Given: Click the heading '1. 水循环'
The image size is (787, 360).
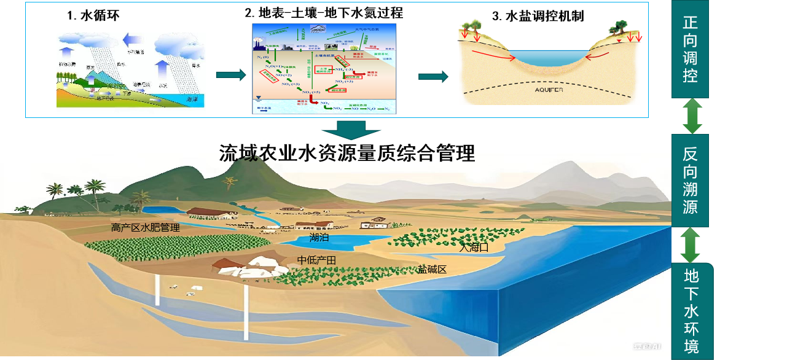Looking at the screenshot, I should [x=93, y=16].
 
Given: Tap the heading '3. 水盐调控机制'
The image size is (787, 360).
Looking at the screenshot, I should [x=538, y=16].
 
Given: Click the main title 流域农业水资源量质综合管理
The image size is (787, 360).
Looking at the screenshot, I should [x=347, y=153].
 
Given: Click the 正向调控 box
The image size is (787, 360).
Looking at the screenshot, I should [x=690, y=49].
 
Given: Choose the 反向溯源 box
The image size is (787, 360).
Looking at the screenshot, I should [x=690, y=180].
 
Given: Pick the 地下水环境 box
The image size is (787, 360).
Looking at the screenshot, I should [x=692, y=311].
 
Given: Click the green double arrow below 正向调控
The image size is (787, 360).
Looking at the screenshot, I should [x=692, y=115].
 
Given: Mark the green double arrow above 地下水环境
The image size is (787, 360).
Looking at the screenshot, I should [x=691, y=245].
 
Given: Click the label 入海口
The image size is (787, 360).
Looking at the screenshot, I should [x=474, y=248].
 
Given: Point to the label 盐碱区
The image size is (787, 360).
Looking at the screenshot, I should [x=431, y=269].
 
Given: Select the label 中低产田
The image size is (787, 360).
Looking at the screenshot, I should [x=316, y=260].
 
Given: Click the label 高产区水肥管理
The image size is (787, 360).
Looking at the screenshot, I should [x=145, y=228].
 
